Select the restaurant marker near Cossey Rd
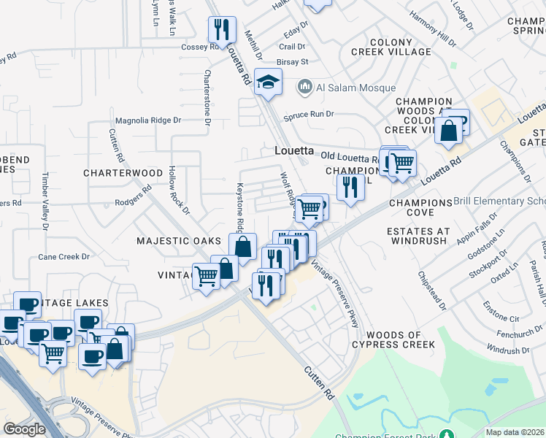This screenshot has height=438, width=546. (x=222, y=30)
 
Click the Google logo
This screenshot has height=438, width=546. (x=24, y=429)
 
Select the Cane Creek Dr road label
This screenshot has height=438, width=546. (x=64, y=257)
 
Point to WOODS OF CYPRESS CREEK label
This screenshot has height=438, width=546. (x=393, y=339)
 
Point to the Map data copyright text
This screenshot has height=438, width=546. (x=515, y=432)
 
